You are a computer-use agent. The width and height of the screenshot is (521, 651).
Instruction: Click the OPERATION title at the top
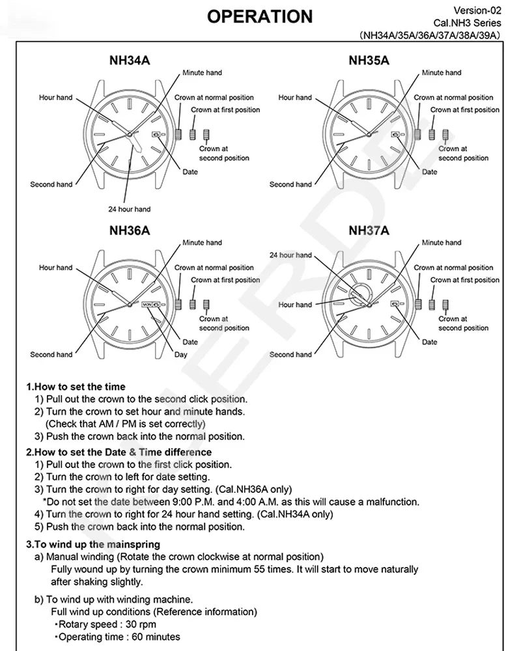[x=260, y=17]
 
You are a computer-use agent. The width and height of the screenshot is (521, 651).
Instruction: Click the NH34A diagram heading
[x=130, y=61]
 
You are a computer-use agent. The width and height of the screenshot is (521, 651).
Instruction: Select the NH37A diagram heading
[x=369, y=230]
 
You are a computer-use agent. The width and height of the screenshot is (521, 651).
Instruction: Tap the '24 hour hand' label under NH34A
[x=129, y=209]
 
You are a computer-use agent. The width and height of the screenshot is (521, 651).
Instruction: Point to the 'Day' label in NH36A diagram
[x=181, y=355]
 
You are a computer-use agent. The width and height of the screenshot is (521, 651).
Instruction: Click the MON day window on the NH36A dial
[x=147, y=304]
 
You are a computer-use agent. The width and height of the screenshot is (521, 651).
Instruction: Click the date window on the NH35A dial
[x=395, y=134]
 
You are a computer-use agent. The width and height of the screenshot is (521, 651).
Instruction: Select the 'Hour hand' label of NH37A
[x=295, y=305]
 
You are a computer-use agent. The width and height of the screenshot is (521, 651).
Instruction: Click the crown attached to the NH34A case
[x=178, y=135]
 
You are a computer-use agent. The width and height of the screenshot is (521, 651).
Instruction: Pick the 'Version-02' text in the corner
[x=477, y=10]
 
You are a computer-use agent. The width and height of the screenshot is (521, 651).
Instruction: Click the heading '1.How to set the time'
[x=76, y=387]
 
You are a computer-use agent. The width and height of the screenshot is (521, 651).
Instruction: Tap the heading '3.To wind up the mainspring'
[x=93, y=544]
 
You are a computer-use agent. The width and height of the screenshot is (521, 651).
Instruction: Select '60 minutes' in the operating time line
[x=156, y=637]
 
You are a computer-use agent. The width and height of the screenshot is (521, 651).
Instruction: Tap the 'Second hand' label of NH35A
[x=290, y=184]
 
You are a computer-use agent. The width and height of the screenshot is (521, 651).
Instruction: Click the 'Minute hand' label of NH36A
[x=203, y=242]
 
